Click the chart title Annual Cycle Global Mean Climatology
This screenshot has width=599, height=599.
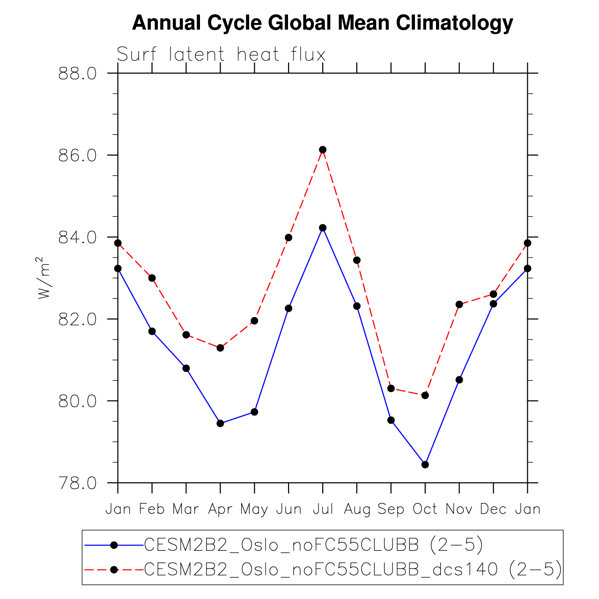pos(322,22)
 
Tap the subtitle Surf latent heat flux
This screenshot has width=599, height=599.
pos(221,55)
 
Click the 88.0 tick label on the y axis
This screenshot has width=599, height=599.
pos(77,74)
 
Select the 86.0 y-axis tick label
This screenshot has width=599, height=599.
pos(77,155)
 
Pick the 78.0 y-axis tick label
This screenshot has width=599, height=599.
pos(77,483)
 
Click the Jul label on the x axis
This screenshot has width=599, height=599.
pos(323,509)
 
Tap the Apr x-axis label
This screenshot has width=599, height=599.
pos(220,509)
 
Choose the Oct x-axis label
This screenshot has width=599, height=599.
pos(425,509)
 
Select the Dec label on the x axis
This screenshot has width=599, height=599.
pos(493,509)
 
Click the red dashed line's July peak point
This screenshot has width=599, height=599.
pos(323,149)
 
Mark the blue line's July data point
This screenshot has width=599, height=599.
pos(323,228)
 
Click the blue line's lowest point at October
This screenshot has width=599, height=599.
pos(425,465)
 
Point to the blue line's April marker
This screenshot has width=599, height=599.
pos(220,423)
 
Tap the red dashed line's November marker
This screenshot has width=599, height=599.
pos(459,304)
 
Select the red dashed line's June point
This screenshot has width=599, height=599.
pos(288,237)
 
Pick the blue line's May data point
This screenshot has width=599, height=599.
pos(254,412)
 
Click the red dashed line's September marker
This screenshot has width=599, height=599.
pos(391,388)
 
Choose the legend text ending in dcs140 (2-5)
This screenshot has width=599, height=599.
pos(353,569)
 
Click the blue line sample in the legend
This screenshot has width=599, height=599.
pos(113,545)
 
